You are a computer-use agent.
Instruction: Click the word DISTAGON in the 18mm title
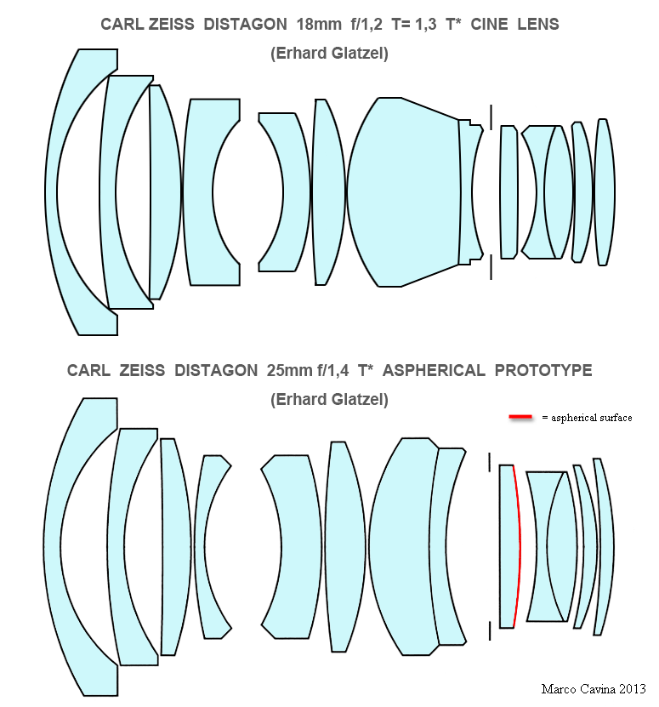(245, 24)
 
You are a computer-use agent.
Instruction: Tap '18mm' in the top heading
(319, 24)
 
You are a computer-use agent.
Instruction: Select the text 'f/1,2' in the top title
(366, 24)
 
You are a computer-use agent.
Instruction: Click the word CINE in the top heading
(489, 24)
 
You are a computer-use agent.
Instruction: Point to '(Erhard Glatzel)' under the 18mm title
(330, 54)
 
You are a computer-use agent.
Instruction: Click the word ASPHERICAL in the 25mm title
(434, 370)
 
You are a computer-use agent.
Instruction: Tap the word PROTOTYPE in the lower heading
(543, 370)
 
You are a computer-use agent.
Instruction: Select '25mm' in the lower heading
(289, 370)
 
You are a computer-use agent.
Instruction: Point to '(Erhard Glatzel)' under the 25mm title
(330, 400)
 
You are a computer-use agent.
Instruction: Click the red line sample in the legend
(520, 417)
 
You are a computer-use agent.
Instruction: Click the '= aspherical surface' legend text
(587, 418)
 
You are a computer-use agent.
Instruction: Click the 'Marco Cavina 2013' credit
(594, 689)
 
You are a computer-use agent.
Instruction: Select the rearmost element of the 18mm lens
(605, 192)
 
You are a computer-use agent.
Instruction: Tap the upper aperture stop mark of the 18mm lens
(491, 117)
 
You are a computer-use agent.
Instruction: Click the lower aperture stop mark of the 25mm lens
(490, 630)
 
